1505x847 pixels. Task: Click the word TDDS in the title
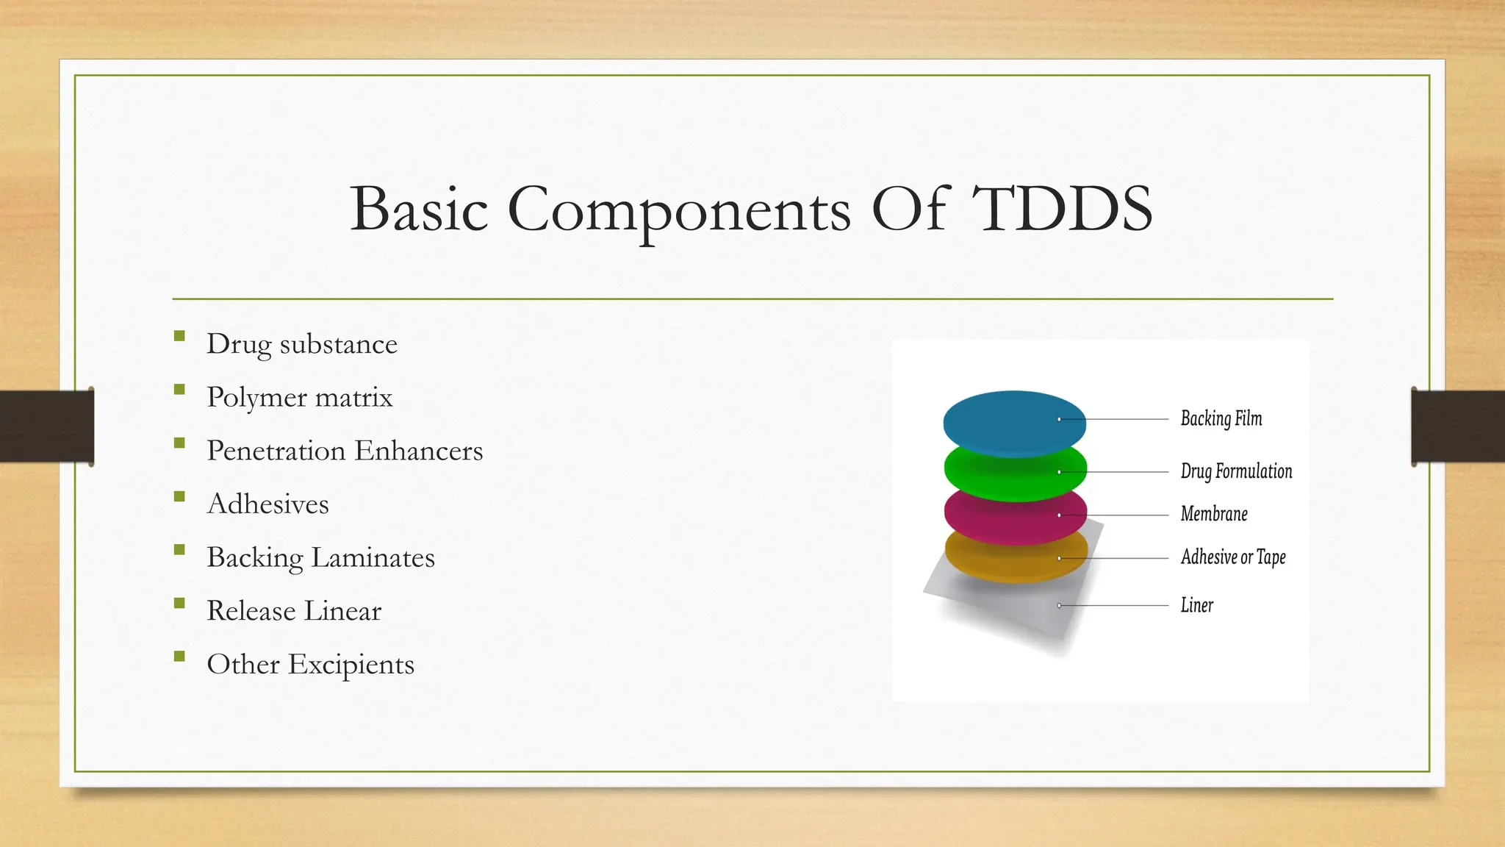click(x=1062, y=210)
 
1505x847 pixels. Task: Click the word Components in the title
click(x=679, y=210)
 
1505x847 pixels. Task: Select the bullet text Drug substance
click(x=301, y=344)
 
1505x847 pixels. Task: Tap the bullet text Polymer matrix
click(x=299, y=398)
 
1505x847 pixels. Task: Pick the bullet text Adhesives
click(x=267, y=504)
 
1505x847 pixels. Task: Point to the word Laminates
click(x=373, y=557)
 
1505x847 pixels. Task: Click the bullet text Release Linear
click(x=294, y=611)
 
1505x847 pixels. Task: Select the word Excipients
click(x=351, y=665)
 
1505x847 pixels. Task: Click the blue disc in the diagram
click(x=1014, y=419)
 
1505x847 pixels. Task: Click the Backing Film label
click(x=1221, y=418)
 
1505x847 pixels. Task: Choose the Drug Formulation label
click(x=1236, y=471)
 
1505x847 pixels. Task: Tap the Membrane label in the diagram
click(x=1214, y=514)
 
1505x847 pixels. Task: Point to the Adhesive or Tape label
click(x=1233, y=557)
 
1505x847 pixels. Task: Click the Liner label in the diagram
click(x=1196, y=605)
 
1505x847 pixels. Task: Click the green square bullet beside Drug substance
click(x=179, y=336)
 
